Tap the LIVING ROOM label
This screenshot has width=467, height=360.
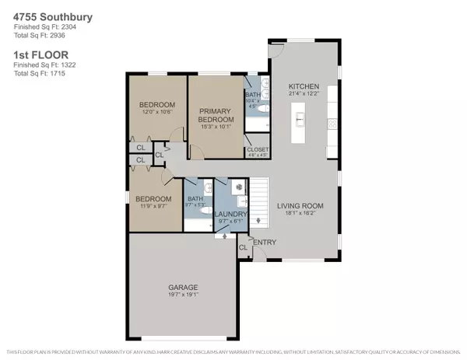[300, 206]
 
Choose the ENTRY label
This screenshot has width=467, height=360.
[264, 242]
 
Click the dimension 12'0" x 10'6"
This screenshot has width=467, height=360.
[156, 113]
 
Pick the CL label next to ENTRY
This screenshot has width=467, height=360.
[243, 247]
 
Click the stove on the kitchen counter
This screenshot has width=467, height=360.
[332, 123]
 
